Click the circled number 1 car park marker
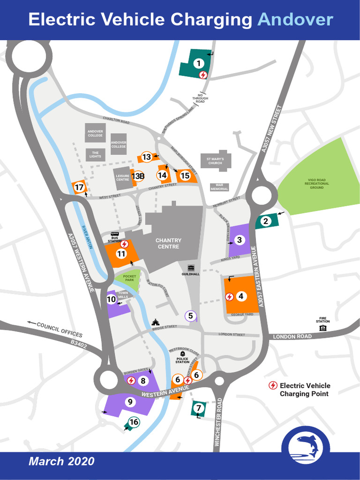pos(199,63)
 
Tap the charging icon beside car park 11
pos(125,244)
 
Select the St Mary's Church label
pos(215,161)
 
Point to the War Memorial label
pos(219,187)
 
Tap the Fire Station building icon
pos(322,328)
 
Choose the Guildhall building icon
pos(191,268)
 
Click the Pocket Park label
pos(129,278)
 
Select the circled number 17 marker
pos(79,187)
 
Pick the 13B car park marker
pos(138,176)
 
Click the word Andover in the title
pos(295,20)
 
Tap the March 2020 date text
pos(61,461)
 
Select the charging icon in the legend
pos(272,385)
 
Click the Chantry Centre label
pos(168,243)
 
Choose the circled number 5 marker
pos(190,316)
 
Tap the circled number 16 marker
pos(134,422)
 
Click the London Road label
pos(292,337)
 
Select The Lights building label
pos(95,155)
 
